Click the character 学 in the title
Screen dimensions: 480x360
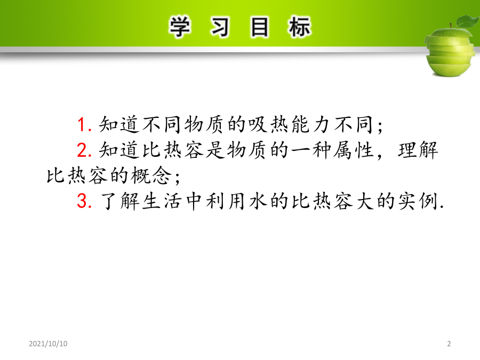tap(180, 27)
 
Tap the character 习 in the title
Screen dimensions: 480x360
tap(220, 27)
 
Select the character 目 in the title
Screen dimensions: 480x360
tap(259, 27)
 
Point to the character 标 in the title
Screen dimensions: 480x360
tap(299, 27)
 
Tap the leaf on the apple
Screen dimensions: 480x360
tap(468, 21)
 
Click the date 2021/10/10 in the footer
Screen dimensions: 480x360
tap(48, 343)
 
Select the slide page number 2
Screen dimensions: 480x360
tap(449, 343)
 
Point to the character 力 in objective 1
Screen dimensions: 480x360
tap(322, 125)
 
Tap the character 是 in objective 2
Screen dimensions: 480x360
tap(215, 150)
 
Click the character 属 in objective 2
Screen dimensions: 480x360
tap(342, 150)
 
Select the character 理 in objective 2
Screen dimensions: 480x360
tap(407, 150)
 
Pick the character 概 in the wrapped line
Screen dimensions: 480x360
tap(140, 175)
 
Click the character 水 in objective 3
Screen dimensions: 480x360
tap(258, 201)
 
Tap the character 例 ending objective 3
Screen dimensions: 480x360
tap(428, 201)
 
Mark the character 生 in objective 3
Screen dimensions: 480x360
tap(151, 201)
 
